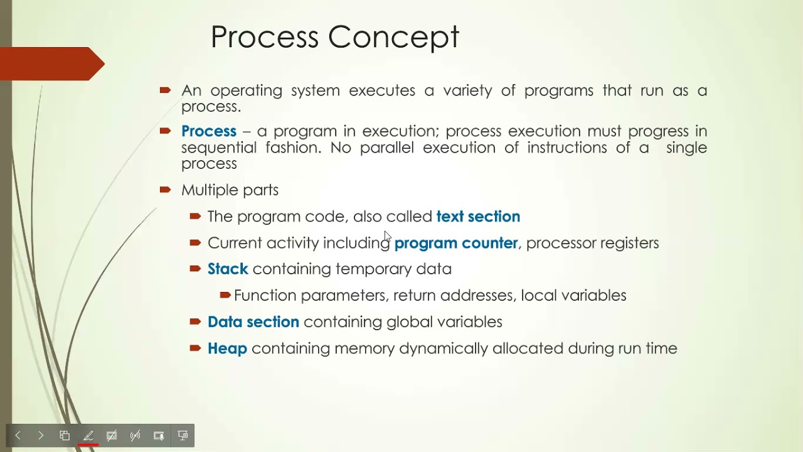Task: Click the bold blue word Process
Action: pos(208,131)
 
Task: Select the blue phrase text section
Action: pos(478,217)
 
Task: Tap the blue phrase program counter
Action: pos(456,243)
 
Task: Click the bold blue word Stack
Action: pos(228,269)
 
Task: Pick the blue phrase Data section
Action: pos(253,322)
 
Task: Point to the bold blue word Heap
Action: pos(227,348)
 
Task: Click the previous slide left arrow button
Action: pos(18,436)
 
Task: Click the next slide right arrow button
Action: pos(41,436)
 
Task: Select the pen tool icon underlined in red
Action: pos(88,436)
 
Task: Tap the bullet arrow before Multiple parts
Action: pos(165,190)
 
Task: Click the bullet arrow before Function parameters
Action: pos(225,295)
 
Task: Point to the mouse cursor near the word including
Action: pos(387,236)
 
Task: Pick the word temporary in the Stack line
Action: pos(373,269)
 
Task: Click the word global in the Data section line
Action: pos(409,322)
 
